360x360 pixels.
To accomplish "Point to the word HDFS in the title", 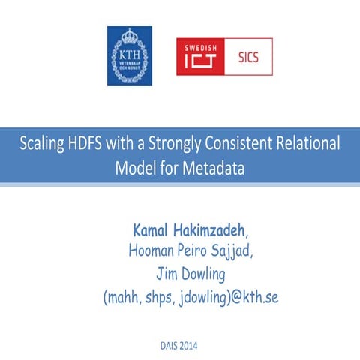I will coord(92,144).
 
